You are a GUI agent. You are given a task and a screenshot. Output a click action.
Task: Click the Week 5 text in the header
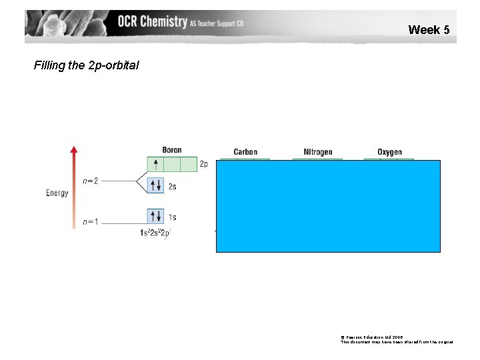click(429, 29)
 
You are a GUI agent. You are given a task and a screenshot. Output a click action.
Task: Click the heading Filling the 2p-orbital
click(87, 65)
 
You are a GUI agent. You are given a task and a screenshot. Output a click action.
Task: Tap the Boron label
click(171, 150)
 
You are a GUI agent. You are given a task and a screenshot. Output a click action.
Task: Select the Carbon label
click(245, 152)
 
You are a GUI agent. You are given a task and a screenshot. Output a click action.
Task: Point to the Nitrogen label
click(317, 152)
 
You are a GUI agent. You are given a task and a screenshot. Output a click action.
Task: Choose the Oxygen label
click(389, 152)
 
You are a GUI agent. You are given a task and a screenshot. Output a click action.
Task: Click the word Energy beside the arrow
click(57, 193)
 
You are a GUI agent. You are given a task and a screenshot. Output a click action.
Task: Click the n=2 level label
click(91, 181)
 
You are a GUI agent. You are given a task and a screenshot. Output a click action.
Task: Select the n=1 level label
click(91, 222)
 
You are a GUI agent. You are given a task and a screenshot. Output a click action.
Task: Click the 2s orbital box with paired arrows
click(155, 185)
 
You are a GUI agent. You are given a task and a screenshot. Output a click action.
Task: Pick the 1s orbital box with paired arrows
click(155, 216)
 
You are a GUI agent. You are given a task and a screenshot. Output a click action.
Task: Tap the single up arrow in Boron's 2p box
click(155, 164)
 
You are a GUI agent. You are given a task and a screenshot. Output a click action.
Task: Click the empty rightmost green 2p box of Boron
click(189, 164)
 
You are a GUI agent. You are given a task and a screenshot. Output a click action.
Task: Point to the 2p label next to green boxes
click(204, 164)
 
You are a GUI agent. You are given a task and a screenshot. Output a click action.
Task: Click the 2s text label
click(173, 187)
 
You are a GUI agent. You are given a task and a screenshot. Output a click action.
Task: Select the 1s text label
click(173, 217)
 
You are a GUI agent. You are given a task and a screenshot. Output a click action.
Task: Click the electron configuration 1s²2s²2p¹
click(155, 233)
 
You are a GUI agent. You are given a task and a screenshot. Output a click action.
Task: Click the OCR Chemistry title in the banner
click(153, 21)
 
